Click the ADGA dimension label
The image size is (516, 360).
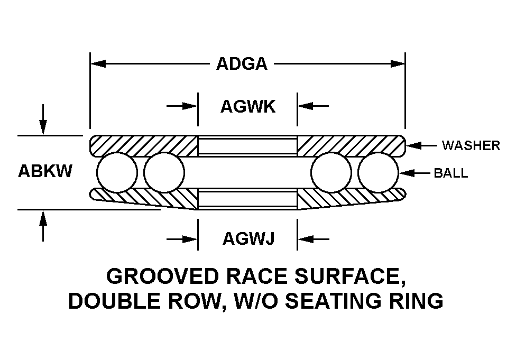tap(242, 64)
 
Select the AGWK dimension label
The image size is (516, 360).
tap(248, 107)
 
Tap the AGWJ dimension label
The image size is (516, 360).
tap(248, 238)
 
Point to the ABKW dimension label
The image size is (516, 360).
tap(45, 171)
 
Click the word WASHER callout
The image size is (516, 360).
tap(471, 145)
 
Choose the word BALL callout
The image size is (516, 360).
tap(451, 173)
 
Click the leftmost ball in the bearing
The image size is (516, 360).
tap(117, 172)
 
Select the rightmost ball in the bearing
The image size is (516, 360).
tap(378, 172)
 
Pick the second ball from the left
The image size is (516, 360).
tap(164, 172)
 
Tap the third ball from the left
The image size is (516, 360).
tap(331, 172)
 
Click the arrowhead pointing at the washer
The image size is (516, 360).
tap(413, 145)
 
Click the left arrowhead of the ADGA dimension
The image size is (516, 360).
tap(98, 64)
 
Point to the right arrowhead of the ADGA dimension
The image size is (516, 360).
tap(397, 64)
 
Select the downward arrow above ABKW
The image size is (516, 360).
tap(43, 119)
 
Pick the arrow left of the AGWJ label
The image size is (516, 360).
tap(182, 239)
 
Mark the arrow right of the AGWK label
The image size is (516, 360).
tap(313, 106)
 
